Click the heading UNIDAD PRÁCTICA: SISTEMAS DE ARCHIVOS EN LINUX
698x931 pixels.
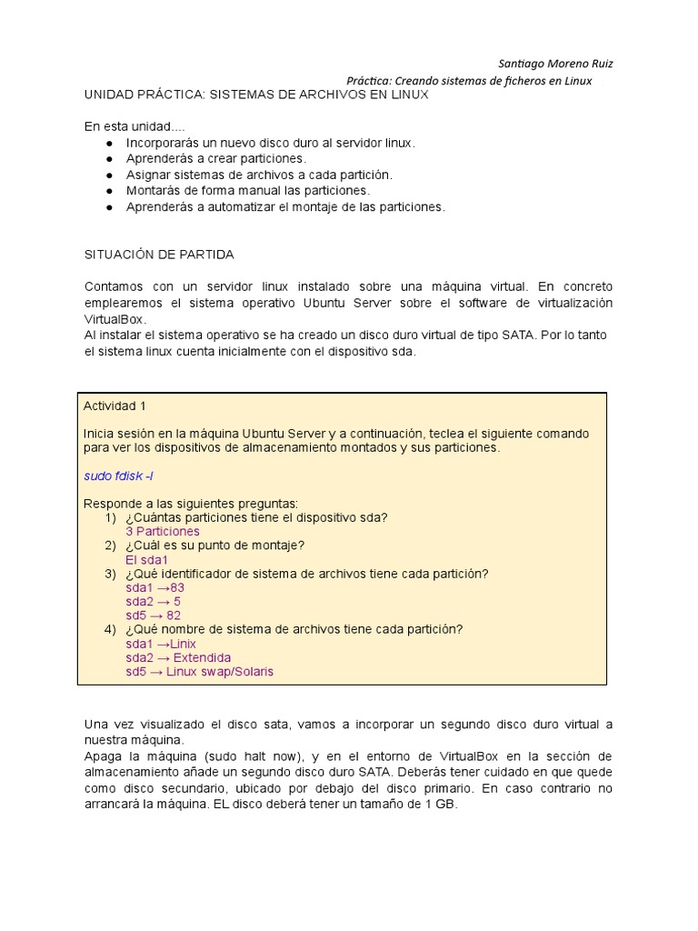click(x=256, y=95)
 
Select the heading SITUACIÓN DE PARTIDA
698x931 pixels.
click(x=159, y=255)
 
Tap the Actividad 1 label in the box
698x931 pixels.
click(x=115, y=405)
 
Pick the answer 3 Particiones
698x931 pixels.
click(x=163, y=532)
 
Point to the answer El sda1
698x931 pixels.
click(x=147, y=560)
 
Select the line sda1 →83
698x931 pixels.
click(x=155, y=587)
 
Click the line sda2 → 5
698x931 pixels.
click(x=153, y=602)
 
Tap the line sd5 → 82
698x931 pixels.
click(x=153, y=616)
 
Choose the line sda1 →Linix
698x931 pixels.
click(x=161, y=644)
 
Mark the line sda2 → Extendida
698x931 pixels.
click(x=178, y=657)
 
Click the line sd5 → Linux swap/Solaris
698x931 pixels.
click(x=199, y=672)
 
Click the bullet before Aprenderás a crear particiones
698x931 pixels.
click(x=110, y=159)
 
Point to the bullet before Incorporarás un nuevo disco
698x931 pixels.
click(x=110, y=144)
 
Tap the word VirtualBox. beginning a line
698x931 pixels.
click(x=115, y=320)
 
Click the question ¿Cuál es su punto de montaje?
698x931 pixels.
click(x=214, y=546)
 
